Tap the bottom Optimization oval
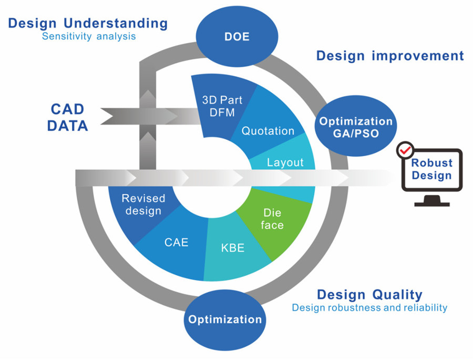click(224, 320)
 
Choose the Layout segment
click(285, 162)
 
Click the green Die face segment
click(272, 219)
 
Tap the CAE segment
click(176, 243)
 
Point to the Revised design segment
click(143, 205)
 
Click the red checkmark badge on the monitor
click(405, 151)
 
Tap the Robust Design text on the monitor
click(431, 170)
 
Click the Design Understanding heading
click(88, 24)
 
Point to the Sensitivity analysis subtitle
click(89, 37)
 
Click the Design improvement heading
click(390, 56)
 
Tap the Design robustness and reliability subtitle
click(369, 307)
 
